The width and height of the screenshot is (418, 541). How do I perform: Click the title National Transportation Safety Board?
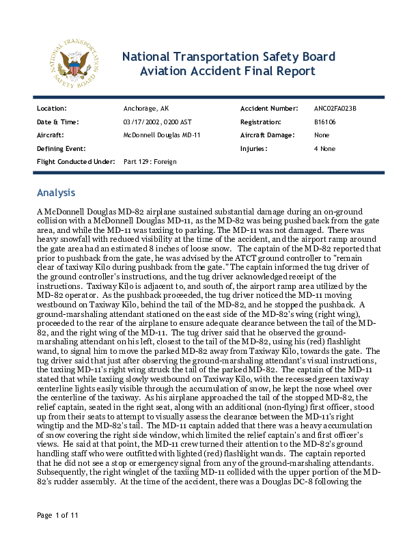(228, 56)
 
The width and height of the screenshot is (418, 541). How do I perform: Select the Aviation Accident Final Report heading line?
(227, 72)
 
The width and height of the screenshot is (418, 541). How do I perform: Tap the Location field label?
(51, 109)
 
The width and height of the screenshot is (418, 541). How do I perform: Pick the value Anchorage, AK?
(145, 109)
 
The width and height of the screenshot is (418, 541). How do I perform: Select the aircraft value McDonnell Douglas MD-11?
(161, 135)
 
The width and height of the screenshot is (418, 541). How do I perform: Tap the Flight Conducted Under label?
(75, 162)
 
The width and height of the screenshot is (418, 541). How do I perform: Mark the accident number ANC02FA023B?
(335, 109)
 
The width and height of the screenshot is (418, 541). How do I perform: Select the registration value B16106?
(324, 122)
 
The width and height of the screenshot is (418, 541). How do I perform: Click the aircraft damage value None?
(322, 135)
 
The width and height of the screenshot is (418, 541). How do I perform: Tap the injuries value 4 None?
(324, 148)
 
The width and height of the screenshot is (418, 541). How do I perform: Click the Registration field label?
(261, 122)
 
